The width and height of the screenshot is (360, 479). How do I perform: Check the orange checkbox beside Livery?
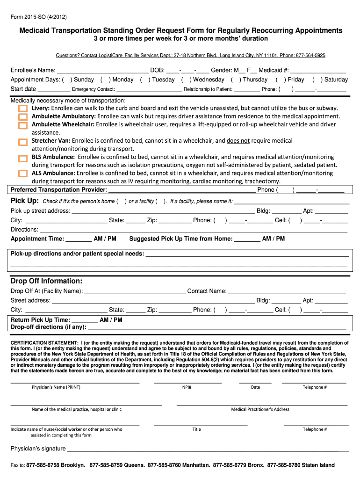(23, 109)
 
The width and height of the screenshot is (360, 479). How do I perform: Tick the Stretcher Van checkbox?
(23, 142)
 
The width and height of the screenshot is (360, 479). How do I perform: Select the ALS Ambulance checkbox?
(23, 174)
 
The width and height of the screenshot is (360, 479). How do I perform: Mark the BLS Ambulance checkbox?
(23, 158)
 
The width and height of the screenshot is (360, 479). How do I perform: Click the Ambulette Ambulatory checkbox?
(23, 117)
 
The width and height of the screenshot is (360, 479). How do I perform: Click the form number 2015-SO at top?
(39, 17)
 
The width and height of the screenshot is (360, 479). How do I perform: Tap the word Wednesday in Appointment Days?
(209, 80)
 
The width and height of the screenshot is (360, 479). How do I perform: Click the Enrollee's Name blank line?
(102, 71)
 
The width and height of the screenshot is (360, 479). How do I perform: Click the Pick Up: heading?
(24, 201)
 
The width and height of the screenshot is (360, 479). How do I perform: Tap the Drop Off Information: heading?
(47, 281)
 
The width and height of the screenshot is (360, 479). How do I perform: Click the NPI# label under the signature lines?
(187, 387)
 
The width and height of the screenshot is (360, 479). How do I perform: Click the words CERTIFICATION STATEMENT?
(45, 343)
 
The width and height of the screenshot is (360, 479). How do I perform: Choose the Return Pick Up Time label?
(40, 320)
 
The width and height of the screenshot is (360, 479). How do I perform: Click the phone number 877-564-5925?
(310, 55)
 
